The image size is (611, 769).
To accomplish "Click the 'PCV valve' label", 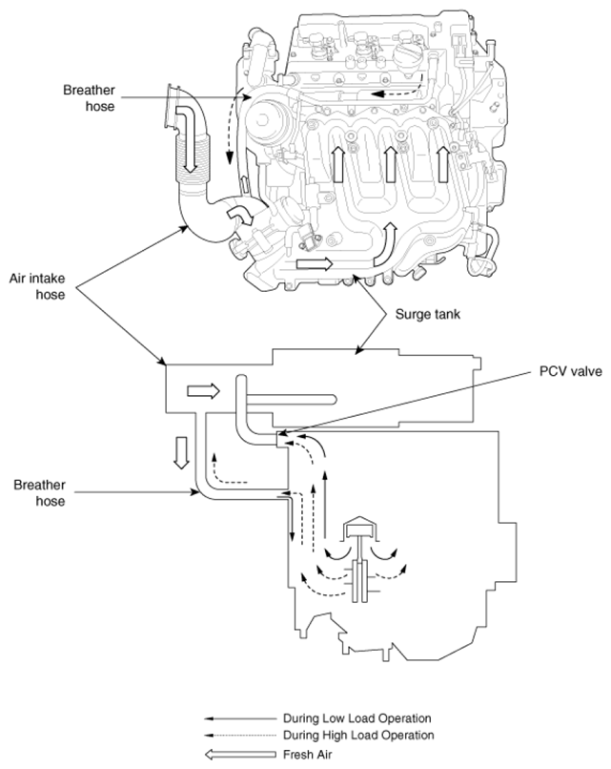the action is tap(570, 371).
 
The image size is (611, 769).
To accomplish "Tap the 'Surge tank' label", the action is tap(428, 314).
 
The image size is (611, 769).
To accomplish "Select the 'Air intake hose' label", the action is tap(37, 286).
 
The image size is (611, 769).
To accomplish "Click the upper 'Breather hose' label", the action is tap(90, 98).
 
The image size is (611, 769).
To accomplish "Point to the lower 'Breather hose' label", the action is tap(40, 493).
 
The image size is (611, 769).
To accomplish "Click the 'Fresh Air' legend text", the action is tap(307, 755).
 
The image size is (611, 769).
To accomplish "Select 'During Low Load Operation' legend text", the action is tap(357, 718).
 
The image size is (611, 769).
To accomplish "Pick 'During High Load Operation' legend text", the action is tap(358, 736).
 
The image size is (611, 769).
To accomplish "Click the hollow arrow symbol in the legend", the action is tap(240, 755).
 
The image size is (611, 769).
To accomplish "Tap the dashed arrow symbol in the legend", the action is tap(240, 736).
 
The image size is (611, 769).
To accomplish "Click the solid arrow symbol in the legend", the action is tap(240, 718).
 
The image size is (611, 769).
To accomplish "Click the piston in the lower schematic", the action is tap(360, 527).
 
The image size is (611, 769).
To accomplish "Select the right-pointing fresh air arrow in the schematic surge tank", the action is tap(203, 391).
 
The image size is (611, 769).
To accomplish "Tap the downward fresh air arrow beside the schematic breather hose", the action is tap(181, 452).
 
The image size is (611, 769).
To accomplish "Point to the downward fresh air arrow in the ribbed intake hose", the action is tap(188, 139).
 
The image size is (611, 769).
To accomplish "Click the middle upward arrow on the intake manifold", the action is tap(390, 164).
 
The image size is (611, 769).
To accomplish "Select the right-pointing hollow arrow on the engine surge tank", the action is tap(314, 264).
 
